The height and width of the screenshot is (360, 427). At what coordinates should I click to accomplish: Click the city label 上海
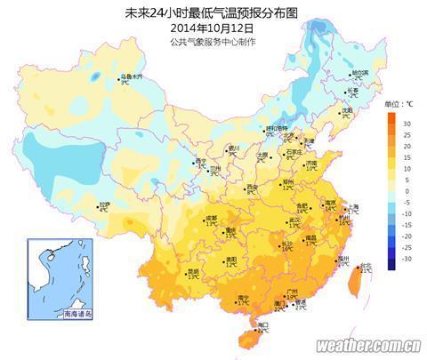click(x=353, y=205)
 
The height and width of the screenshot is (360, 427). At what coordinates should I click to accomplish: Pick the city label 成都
click(x=212, y=217)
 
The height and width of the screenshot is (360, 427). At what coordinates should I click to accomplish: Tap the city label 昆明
click(x=193, y=270)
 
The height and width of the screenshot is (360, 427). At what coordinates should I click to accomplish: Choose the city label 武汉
click(x=294, y=219)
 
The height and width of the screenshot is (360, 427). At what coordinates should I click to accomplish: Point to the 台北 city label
click(x=365, y=266)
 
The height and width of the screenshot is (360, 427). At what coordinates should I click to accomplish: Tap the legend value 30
click(x=406, y=122)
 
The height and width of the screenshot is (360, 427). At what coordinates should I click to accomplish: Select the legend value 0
click(x=406, y=190)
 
